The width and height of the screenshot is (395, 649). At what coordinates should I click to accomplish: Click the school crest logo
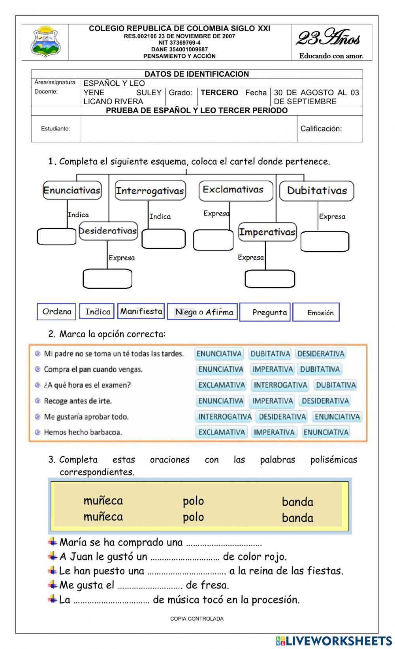(45, 41)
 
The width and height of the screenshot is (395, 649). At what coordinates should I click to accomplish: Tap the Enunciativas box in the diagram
(72, 190)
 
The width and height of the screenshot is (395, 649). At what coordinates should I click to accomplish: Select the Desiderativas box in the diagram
(108, 231)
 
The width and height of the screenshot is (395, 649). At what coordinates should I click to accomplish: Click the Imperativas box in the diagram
(267, 232)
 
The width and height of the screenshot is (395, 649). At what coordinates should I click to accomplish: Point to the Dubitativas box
(317, 191)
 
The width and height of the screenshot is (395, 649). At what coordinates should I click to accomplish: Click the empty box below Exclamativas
(213, 240)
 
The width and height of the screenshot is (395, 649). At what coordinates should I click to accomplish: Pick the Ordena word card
(57, 312)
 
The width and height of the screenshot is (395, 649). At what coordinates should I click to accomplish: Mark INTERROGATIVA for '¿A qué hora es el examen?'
(280, 385)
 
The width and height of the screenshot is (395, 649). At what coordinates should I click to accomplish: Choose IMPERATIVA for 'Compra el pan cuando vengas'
(273, 369)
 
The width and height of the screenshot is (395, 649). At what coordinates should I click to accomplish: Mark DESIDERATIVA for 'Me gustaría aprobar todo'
(282, 416)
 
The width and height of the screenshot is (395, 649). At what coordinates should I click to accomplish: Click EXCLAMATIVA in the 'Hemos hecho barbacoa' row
(222, 432)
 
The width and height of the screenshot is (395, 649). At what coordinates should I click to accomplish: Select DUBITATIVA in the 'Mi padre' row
(271, 354)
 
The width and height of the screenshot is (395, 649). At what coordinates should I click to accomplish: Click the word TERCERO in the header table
(219, 93)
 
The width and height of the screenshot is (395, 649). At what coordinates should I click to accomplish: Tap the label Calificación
(321, 128)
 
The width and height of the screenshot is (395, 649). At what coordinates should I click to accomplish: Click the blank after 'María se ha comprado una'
(224, 543)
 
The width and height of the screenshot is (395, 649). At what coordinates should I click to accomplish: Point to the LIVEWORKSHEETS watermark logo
(334, 641)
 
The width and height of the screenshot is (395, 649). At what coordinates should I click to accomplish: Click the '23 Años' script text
(329, 39)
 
